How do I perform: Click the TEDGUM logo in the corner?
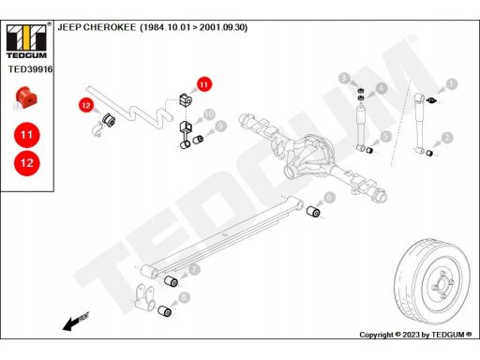pos(26,41)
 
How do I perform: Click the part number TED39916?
pos(30,69)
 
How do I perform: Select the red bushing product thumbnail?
pos(25,97)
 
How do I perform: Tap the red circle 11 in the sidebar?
pos(27,135)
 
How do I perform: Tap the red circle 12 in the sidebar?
pos(27,163)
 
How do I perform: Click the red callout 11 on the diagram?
pos(203,84)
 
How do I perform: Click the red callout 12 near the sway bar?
pos(86,106)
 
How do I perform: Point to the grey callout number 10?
pos(209,114)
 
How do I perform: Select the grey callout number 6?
pos(329,197)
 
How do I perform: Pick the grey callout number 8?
pos(184,297)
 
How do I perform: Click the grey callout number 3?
pos(344,78)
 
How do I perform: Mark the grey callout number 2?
pos(447,138)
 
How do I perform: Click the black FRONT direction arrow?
pos(76,322)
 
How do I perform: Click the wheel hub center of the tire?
pos(442,284)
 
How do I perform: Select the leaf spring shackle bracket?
pos(144,297)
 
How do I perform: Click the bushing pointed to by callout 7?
pos(172,281)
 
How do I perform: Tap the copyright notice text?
pos(415,335)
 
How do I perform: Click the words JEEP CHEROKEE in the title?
pos(97,27)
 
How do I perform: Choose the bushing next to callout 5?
pos(369,150)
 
